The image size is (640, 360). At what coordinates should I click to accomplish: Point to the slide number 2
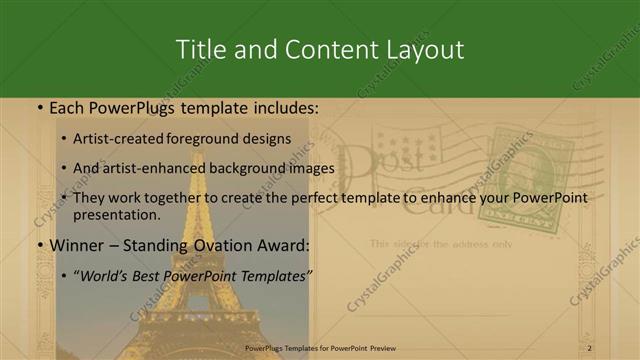click(x=590, y=347)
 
